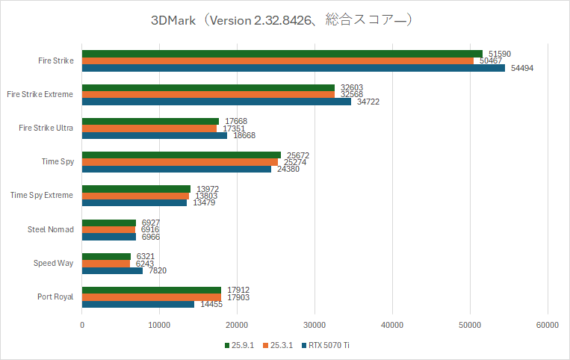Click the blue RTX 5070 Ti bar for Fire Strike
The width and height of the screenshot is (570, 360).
[293, 68]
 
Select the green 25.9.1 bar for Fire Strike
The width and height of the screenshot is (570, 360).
[282, 54]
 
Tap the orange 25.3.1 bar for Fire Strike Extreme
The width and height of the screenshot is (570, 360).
[208, 95]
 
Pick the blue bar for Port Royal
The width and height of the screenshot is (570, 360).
[138, 304]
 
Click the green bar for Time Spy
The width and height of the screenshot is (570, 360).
[182, 155]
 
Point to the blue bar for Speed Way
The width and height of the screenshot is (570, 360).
[112, 270]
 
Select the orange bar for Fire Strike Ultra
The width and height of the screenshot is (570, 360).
[149, 128]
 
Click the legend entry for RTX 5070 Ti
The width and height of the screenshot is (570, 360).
[328, 345]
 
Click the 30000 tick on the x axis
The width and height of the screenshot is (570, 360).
[315, 325]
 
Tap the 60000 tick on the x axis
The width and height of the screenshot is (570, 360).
[547, 325]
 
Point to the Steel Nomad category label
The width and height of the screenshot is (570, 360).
[51, 229]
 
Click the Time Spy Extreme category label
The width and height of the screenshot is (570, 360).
[42, 196]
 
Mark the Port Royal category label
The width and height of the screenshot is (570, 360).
[56, 297]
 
